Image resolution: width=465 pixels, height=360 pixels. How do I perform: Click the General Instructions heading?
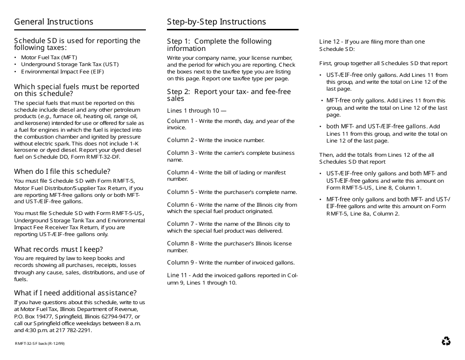(53, 22)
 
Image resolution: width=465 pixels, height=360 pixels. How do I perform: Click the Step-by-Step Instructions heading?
(216, 22)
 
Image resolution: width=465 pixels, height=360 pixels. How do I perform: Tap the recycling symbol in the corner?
(446, 341)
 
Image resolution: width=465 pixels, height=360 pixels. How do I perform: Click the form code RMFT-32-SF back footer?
(39, 343)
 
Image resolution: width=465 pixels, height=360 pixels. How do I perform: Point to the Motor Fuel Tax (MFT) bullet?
(49, 57)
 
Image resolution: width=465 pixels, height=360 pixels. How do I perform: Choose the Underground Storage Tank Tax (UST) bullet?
(70, 64)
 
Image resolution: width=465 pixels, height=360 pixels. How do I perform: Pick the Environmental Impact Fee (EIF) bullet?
(62, 72)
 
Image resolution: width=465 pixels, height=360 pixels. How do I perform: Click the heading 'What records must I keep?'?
(58, 249)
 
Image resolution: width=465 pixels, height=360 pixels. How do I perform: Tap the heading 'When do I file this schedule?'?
(62, 171)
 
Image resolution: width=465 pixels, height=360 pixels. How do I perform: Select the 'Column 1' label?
(181, 121)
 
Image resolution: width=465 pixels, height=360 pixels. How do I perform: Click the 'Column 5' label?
(181, 192)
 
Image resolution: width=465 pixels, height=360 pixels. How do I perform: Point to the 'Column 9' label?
(181, 263)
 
